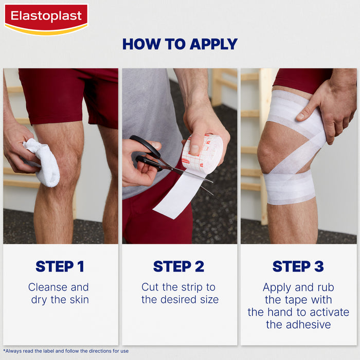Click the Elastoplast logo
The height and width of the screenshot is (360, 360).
point(46,18)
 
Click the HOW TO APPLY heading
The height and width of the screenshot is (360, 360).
point(179,44)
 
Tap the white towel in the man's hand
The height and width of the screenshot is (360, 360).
point(43,162)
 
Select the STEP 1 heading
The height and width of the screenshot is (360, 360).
point(60,266)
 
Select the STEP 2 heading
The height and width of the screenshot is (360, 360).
point(179,266)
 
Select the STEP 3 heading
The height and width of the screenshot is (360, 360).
point(298,266)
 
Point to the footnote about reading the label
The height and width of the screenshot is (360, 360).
point(66,351)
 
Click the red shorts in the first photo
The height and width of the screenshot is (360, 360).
point(67,95)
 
